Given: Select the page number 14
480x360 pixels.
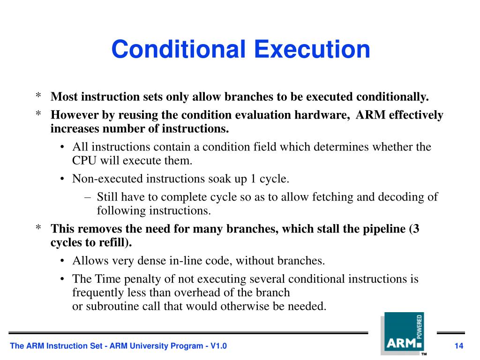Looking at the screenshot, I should click(459, 346).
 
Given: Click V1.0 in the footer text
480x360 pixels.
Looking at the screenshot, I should click(218, 346).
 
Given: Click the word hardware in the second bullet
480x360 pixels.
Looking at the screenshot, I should click(325, 115).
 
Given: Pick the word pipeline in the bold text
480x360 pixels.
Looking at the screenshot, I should click(385, 229).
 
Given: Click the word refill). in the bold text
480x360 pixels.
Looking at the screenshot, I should click(115, 243).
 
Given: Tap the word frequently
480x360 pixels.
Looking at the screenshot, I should click(96, 293).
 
